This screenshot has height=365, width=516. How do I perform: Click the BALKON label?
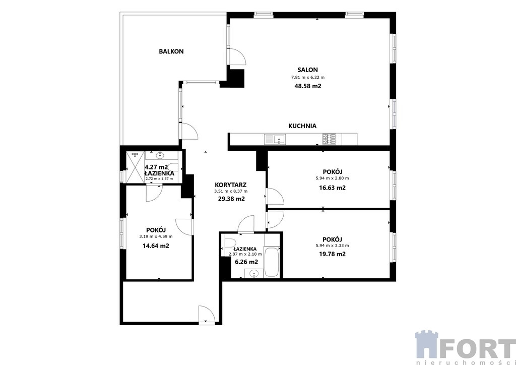tap(171, 51)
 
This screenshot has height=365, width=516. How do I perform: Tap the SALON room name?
tap(308, 70)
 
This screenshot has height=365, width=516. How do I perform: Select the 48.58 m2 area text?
tap(308, 86)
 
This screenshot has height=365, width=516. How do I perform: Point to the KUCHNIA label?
tap(302, 126)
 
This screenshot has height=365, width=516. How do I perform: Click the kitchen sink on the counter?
tap(275, 139)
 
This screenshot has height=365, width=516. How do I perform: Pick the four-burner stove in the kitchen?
tap(329, 139)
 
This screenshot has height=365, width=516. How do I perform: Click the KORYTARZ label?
tap(231, 185)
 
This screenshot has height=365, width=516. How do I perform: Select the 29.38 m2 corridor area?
tap(231, 199)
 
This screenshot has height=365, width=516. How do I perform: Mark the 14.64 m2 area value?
tap(156, 246)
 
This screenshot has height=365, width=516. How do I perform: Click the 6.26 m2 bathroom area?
tap(246, 262)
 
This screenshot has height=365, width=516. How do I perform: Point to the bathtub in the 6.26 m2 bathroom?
tap(272, 263)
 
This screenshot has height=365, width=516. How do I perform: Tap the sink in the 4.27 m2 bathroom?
tap(161, 155)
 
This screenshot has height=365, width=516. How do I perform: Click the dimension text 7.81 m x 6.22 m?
tap(308, 78)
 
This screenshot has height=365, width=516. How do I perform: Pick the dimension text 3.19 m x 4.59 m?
tap(156, 236)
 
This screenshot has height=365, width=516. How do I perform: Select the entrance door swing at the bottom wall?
tap(207, 314)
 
